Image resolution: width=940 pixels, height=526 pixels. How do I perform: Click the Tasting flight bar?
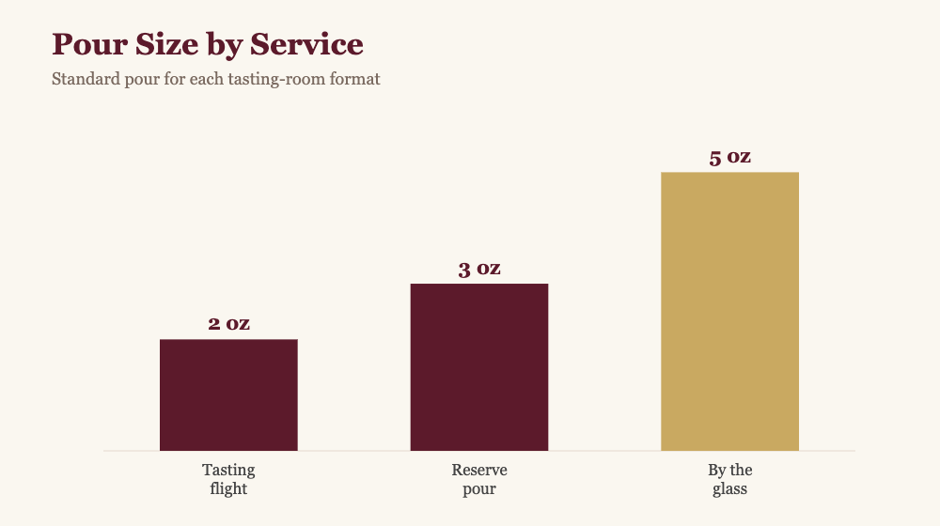tap(228, 394)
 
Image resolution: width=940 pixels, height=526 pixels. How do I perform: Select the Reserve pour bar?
tap(479, 367)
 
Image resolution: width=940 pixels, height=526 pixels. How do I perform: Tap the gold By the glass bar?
tap(729, 312)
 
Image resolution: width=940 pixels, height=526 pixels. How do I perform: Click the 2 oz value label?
tap(228, 324)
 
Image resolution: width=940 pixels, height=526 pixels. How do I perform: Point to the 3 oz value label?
tap(479, 269)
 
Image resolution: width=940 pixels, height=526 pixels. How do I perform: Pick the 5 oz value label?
tap(729, 158)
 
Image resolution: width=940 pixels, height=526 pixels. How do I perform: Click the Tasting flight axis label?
tap(228, 479)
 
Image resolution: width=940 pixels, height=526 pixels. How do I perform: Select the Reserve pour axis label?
tap(479, 479)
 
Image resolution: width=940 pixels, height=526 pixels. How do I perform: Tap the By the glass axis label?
tap(729, 479)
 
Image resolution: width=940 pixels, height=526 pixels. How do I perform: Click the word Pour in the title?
tap(89, 44)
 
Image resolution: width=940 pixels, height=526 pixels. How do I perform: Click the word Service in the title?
tap(306, 44)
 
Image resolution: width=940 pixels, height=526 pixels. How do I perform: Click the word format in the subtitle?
tap(355, 79)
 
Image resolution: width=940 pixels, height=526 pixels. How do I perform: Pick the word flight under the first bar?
tap(228, 488)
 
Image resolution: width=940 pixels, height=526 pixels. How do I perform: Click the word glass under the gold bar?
tap(729, 488)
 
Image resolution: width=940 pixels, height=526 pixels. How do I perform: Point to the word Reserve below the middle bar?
tap(479, 471)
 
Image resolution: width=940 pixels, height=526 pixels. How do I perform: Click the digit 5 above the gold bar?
tap(715, 159)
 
